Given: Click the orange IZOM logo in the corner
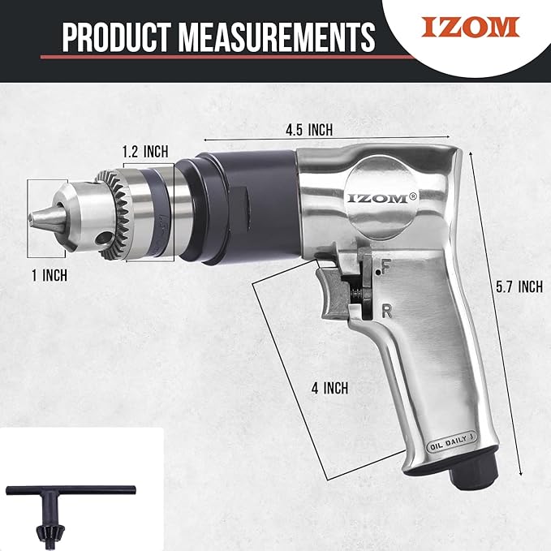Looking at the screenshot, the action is (x=470, y=27).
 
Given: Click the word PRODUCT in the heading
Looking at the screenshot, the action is (x=117, y=37).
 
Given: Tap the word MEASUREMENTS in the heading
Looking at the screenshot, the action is (x=277, y=37).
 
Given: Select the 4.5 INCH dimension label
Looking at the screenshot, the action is (x=309, y=130).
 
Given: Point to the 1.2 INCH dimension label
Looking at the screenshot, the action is (x=145, y=152).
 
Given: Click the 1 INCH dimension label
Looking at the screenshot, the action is (x=50, y=275).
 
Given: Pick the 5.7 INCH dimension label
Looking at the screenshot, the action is (x=519, y=286).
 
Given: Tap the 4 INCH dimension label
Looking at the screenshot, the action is (x=329, y=389).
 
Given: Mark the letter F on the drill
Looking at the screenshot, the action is (x=385, y=266).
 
